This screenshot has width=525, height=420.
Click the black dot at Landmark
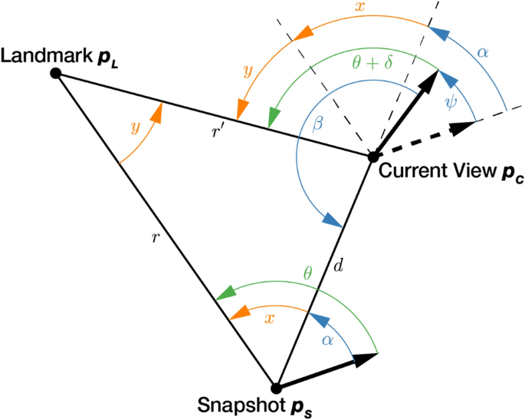pos(55,74)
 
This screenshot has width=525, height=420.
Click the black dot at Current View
pos(372,157)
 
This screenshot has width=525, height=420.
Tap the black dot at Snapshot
pos(277,388)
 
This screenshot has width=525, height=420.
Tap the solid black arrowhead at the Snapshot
pos(372,356)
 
